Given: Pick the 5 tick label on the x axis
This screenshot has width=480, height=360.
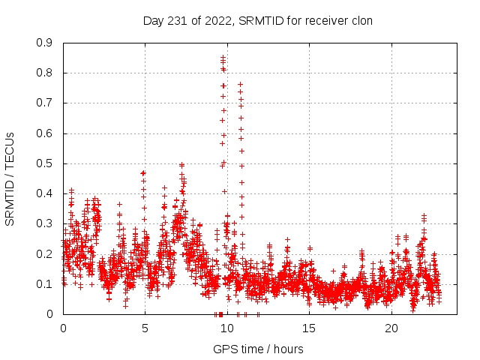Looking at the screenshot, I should (x=145, y=328).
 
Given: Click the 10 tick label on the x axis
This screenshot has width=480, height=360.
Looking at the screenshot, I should (x=227, y=328).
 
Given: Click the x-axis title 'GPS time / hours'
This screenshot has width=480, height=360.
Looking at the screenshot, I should (x=258, y=349).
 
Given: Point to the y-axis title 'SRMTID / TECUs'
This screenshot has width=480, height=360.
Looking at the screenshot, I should (x=10, y=178).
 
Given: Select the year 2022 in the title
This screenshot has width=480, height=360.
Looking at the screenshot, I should (x=217, y=21).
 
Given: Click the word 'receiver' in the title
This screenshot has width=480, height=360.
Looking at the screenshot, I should (x=325, y=21).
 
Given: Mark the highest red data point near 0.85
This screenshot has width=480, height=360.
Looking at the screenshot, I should (x=223, y=57).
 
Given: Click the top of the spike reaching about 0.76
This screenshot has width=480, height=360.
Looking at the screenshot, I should (x=240, y=84).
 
